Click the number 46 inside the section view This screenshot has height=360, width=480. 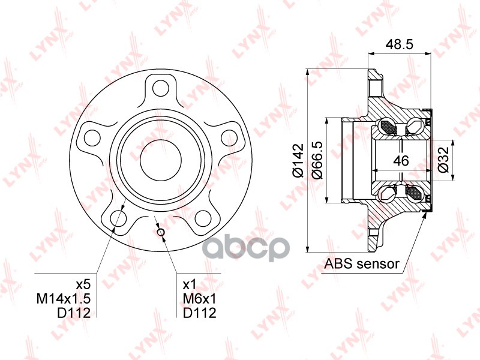[x=401, y=160]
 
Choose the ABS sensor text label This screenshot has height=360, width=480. [x=361, y=263]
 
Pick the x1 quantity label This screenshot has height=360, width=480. [x=188, y=284]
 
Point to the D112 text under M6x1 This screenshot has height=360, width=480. [x=199, y=313]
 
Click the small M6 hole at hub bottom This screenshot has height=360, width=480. [x=160, y=233]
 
